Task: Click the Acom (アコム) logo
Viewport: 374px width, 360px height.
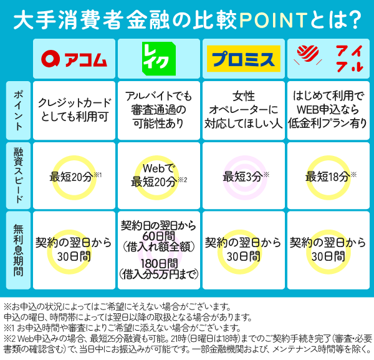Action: pos(74,59)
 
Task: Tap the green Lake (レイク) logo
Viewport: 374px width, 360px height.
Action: pos(159,59)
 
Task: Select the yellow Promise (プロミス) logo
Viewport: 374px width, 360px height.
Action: pos(244,59)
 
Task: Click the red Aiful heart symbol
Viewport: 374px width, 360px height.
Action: pos(308,54)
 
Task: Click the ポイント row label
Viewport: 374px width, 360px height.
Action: pos(18,110)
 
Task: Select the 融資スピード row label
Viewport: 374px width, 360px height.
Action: pos(18,175)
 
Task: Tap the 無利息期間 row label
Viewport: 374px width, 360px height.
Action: pos(18,250)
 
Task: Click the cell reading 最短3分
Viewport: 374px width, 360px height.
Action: pos(244,176)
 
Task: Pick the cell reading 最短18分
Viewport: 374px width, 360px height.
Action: pos(328,176)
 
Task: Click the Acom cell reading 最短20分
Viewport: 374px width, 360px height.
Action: pos(74,176)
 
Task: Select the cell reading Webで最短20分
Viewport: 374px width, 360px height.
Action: pos(159,176)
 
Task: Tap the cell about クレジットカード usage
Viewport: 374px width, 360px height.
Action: pos(74,110)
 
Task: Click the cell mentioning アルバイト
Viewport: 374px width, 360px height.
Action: pos(159,110)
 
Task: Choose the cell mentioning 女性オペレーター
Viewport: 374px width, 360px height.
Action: pos(244,110)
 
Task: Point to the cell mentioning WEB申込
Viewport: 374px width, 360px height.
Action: pos(328,110)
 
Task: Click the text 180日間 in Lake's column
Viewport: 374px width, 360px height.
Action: pos(160,263)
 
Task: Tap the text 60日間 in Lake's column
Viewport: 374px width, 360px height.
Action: pos(159,236)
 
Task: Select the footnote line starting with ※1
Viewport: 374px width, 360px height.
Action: pos(122,328)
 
